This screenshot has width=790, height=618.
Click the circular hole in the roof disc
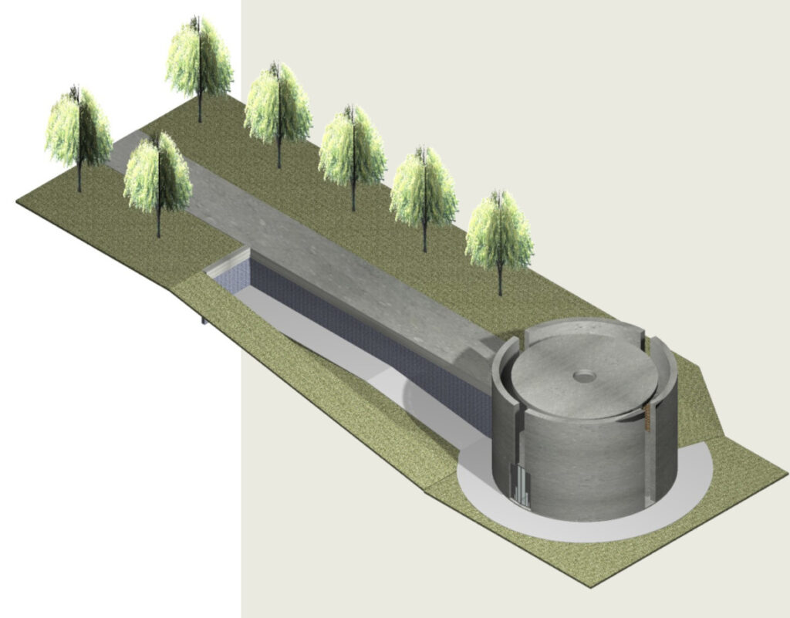[x=585, y=376]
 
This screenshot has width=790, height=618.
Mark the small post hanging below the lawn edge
[x=204, y=319]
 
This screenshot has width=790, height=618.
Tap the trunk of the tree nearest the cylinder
[x=500, y=278]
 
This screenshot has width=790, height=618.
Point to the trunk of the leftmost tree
[x=79, y=177]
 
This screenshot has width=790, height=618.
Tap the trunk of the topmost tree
[x=200, y=108]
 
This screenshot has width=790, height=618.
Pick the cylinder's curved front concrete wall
[x=586, y=471]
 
